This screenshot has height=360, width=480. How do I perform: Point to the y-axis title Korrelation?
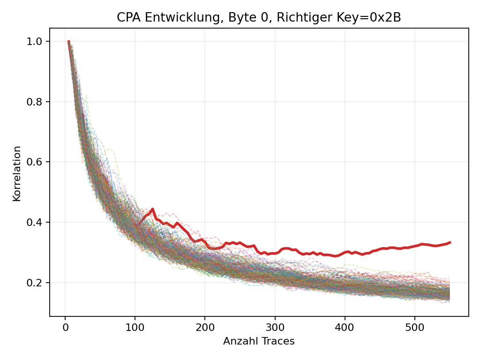click(x=17, y=173)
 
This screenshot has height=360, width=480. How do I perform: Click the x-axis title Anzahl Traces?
click(x=259, y=341)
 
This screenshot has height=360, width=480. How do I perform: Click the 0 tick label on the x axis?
click(x=65, y=326)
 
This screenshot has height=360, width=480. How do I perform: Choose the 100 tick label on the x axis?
click(x=135, y=326)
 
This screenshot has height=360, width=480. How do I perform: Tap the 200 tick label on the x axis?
click(x=205, y=326)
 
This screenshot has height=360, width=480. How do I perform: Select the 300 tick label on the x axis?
click(x=275, y=326)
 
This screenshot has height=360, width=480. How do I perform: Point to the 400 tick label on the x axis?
click(x=345, y=326)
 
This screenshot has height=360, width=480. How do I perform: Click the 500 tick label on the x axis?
click(x=415, y=326)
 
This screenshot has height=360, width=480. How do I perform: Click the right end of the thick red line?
click(x=450, y=242)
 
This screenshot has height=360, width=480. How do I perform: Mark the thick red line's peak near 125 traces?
click(x=153, y=209)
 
